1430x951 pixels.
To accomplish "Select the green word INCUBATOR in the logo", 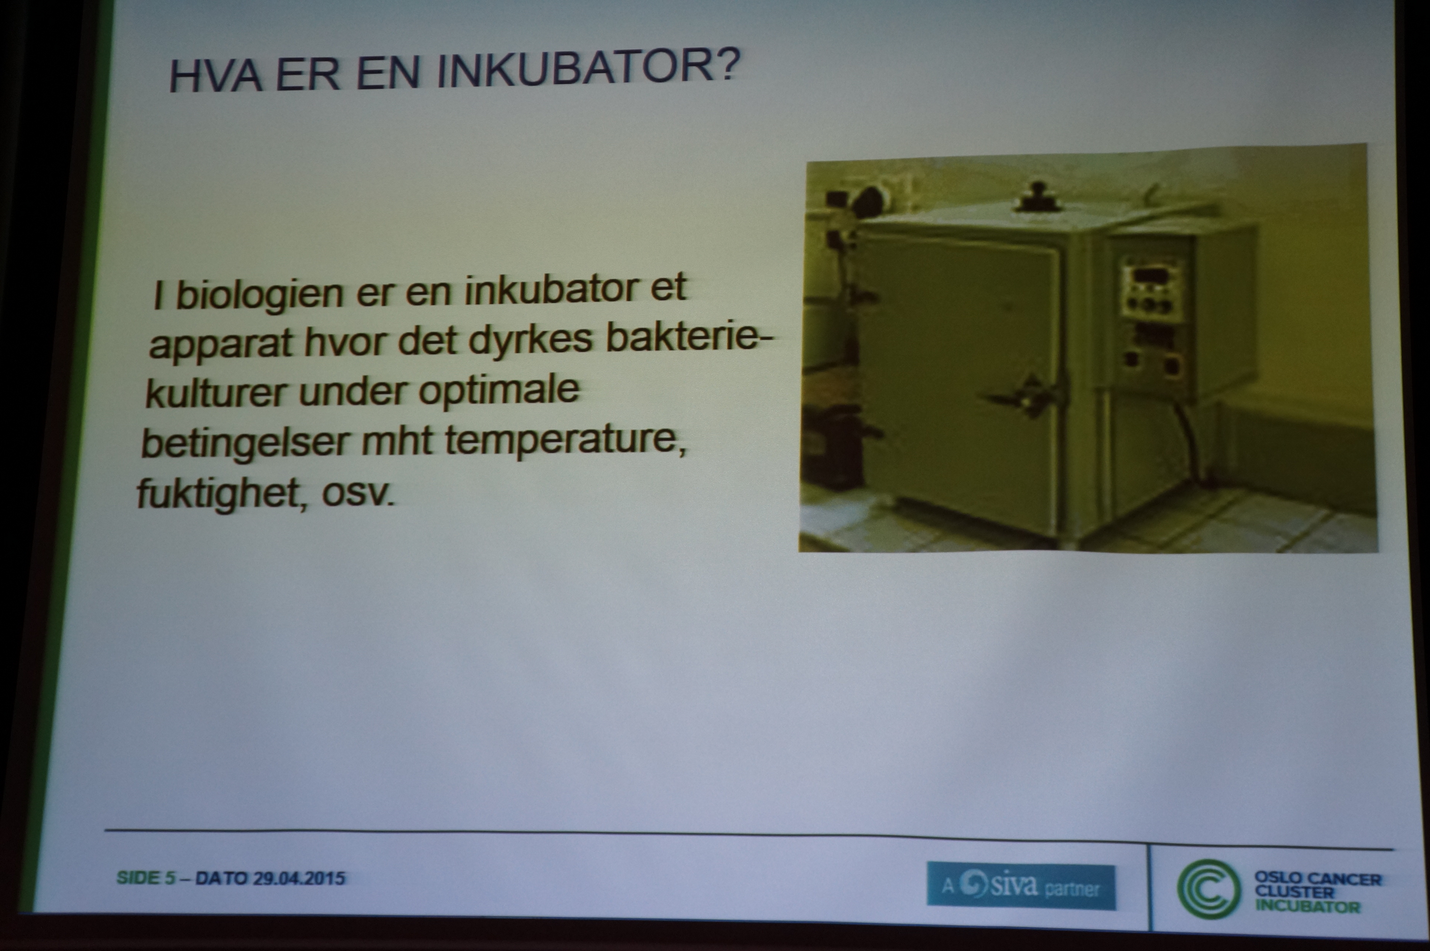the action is [x=1307, y=907].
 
